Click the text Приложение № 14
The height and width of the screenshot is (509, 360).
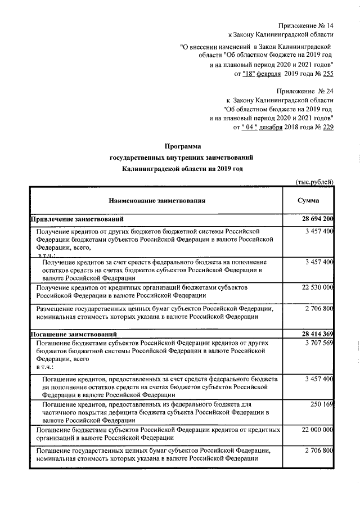tap(307, 26)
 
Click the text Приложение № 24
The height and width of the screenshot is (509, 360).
tap(306, 91)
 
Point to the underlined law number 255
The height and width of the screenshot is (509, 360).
tap(327, 74)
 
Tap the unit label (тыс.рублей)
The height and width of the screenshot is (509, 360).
tap(315, 181)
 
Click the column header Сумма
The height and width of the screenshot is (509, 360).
tap(308, 200)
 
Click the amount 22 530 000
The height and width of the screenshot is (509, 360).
tap(318, 287)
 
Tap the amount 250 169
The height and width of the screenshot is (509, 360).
tap(323, 404)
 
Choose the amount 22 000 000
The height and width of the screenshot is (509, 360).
tap(318, 430)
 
